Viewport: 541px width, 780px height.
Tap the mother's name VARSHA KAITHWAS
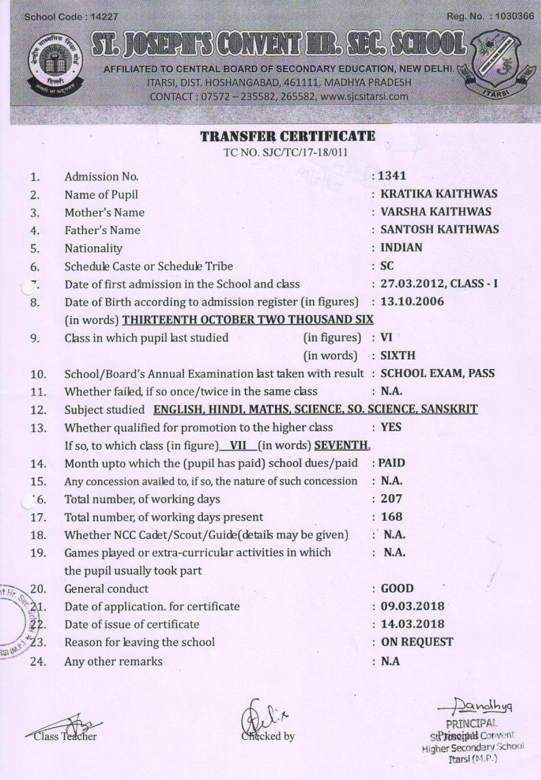coord(436,212)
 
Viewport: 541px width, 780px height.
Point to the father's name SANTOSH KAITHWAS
coord(439,230)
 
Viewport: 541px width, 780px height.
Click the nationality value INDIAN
coord(401,248)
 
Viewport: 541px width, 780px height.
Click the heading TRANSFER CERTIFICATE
coord(288,136)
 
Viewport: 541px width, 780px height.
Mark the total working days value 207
coord(391,499)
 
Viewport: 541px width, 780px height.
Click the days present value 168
coord(391,517)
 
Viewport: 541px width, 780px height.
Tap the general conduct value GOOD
coord(397,588)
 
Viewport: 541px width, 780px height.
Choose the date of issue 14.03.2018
coord(412,623)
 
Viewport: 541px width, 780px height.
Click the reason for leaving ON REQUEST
coord(416,641)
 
